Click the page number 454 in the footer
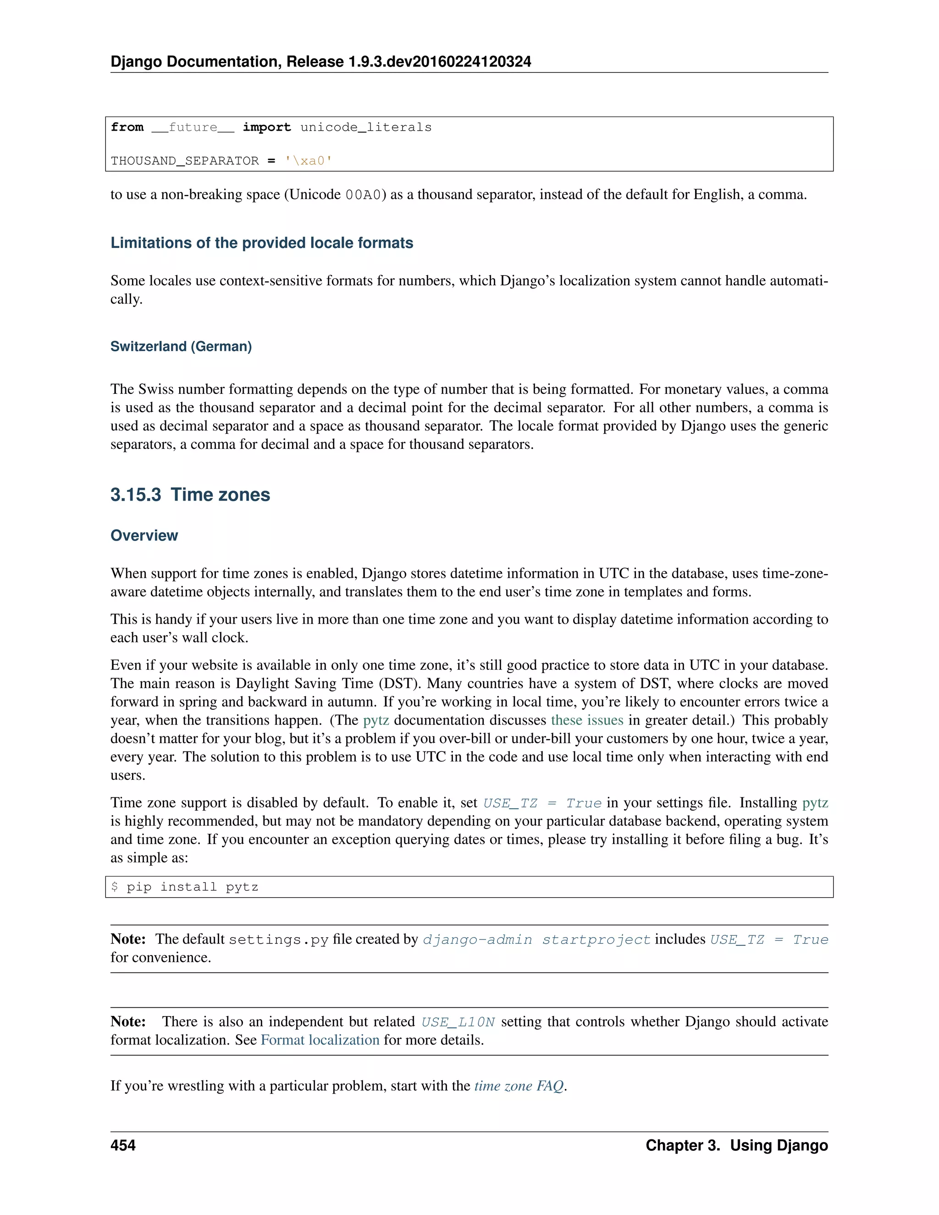pos(123,1145)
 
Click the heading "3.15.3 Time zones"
pos(190,495)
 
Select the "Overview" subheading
pos(144,535)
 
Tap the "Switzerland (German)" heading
pos(181,346)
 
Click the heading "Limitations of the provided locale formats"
pos(261,243)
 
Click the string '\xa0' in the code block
pos(308,161)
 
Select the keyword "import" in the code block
pos(266,127)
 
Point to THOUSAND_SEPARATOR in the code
pos(184,161)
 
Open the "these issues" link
pos(587,720)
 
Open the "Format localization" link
pos(320,1040)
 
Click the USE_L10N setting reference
pos(458,1022)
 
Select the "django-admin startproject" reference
pos(536,939)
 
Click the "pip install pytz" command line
pos(192,887)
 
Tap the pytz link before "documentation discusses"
pos(376,720)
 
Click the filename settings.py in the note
pos(279,939)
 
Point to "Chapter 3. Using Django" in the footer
pos(736,1145)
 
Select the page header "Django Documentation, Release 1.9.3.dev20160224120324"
pos(320,61)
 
